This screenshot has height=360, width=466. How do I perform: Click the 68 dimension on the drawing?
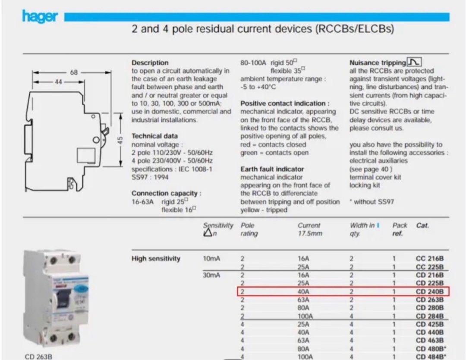(x=74, y=72)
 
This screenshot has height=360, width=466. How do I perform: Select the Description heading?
(x=150, y=63)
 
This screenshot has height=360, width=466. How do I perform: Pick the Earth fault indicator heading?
(x=272, y=169)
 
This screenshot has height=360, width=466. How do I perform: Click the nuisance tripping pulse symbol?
(x=415, y=62)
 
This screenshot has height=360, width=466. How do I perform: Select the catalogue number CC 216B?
(x=430, y=259)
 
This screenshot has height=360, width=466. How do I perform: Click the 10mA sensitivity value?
(x=211, y=259)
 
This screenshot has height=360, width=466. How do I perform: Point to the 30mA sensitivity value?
(x=211, y=275)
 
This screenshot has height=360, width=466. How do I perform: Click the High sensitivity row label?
(x=156, y=259)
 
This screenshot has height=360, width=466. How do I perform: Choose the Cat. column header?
(x=422, y=225)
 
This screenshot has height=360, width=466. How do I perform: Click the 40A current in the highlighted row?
(x=304, y=292)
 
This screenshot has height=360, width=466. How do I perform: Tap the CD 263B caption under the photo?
(x=39, y=356)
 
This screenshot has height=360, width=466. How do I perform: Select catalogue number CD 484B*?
(x=431, y=357)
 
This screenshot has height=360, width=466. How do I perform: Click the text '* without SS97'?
(x=372, y=202)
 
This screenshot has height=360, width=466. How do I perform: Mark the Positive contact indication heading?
(x=285, y=103)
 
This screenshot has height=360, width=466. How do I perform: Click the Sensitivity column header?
(x=218, y=225)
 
